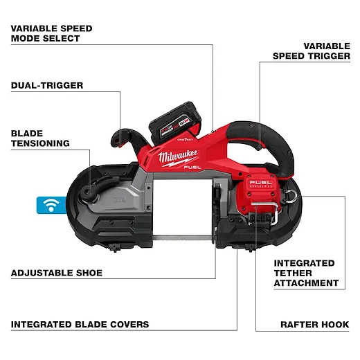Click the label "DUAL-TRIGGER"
pyautogui.click(x=47, y=86)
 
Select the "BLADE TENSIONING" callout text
pyautogui.click(x=40, y=138)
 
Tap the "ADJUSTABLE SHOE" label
pyautogui.click(x=57, y=273)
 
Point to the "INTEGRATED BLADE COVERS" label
pyautogui.click(x=80, y=325)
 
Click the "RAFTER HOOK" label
pyautogui.click(x=315, y=325)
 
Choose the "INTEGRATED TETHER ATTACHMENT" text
pyautogui.click(x=306, y=273)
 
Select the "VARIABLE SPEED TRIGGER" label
pyautogui.click(x=312, y=51)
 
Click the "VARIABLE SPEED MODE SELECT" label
pyautogui.click(x=51, y=33)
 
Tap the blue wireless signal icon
pyautogui.click(x=51, y=205)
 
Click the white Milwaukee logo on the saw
pyautogui.click(x=178, y=157)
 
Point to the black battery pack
pyautogui.click(x=175, y=123)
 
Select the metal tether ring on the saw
pyautogui.click(x=291, y=197)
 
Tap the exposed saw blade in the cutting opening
pyautogui.click(x=182, y=237)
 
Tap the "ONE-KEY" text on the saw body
pyautogui.click(x=186, y=139)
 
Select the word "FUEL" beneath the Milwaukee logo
pyautogui.click(x=192, y=167)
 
